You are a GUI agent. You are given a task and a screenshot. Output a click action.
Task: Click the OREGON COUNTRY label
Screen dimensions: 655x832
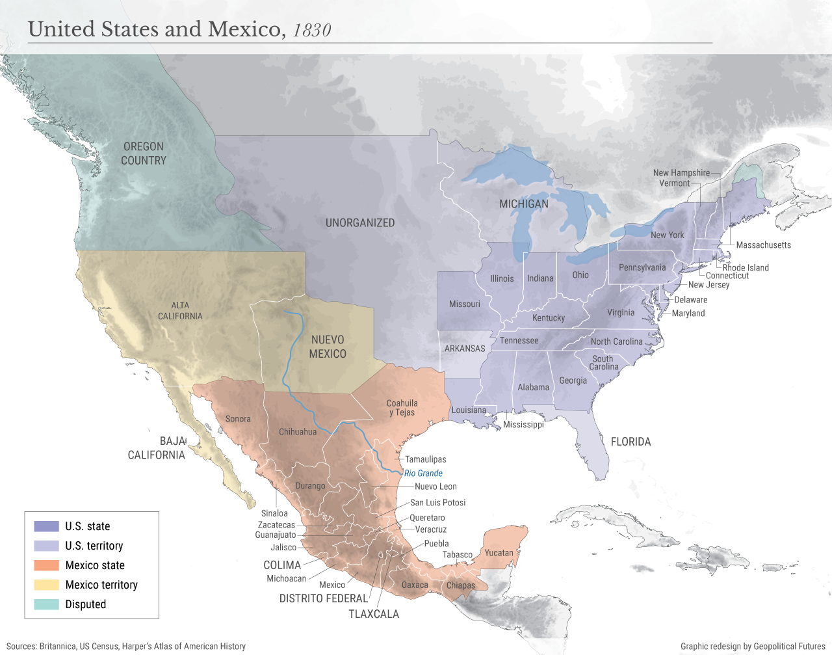[144, 154]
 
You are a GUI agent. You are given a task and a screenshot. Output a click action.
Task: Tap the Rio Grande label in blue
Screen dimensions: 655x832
[423, 474]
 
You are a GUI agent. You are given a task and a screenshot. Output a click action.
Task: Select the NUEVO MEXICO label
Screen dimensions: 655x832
[328, 347]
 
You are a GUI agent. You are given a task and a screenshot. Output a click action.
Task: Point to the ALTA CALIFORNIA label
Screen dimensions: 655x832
[180, 311]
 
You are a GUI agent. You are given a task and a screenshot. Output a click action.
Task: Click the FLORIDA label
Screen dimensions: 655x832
[630, 442]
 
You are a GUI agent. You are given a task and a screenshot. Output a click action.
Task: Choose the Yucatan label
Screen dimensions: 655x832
[499, 553]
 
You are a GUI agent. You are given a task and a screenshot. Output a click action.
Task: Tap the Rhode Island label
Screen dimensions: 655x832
[746, 267]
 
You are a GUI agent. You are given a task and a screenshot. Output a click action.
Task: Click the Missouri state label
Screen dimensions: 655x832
[464, 304]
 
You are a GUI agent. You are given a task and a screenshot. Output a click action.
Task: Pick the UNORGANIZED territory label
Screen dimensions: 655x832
[360, 222]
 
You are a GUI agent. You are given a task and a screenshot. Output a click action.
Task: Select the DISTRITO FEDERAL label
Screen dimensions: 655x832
[323, 598]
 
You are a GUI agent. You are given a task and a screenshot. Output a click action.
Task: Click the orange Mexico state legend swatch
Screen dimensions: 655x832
[46, 565]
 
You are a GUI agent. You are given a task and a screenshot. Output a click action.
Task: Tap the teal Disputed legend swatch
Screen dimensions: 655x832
[46, 604]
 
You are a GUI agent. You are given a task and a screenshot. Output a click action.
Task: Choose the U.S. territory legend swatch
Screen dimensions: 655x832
[46, 546]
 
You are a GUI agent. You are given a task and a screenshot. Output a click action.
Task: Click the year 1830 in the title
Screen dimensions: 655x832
[312, 31]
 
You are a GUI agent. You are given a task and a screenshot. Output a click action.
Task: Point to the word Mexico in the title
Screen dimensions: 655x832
[244, 29]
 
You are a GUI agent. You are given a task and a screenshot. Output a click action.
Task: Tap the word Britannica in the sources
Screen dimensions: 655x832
[58, 646]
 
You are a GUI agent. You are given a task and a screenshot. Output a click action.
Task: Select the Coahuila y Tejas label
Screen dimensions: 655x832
[402, 408]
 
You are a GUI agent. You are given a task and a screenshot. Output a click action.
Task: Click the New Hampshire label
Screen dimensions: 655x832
[681, 173]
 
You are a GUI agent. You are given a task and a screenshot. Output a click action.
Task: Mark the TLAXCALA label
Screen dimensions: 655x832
[374, 614]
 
